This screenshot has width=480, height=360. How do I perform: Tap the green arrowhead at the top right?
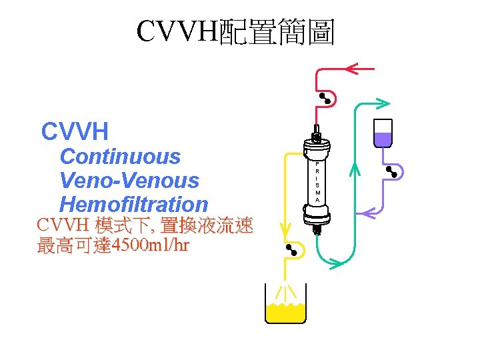click(382, 102)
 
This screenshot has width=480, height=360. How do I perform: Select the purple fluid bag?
click(383, 133)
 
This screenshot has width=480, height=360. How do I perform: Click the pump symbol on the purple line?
click(392, 171)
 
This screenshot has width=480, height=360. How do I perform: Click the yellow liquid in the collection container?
click(286, 312)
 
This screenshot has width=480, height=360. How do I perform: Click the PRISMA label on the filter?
click(317, 181)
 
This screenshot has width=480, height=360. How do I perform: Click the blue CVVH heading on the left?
click(75, 132)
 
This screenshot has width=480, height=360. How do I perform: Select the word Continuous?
click(120, 157)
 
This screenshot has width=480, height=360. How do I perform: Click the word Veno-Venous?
click(129, 181)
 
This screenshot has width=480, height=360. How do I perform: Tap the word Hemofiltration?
click(134, 204)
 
